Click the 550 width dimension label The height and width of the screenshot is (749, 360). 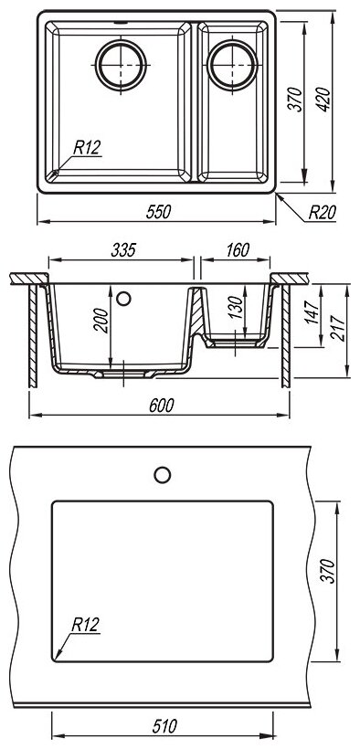[158, 212]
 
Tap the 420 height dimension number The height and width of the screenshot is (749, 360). [323, 100]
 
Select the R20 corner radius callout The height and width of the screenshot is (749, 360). [322, 212]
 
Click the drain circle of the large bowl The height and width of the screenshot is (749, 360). [121, 65]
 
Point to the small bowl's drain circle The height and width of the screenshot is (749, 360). [232, 65]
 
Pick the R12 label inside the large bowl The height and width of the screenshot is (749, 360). [87, 148]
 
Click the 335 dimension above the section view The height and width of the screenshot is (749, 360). [123, 250]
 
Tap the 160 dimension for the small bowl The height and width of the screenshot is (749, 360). [238, 250]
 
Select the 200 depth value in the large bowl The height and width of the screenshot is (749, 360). [102, 320]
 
